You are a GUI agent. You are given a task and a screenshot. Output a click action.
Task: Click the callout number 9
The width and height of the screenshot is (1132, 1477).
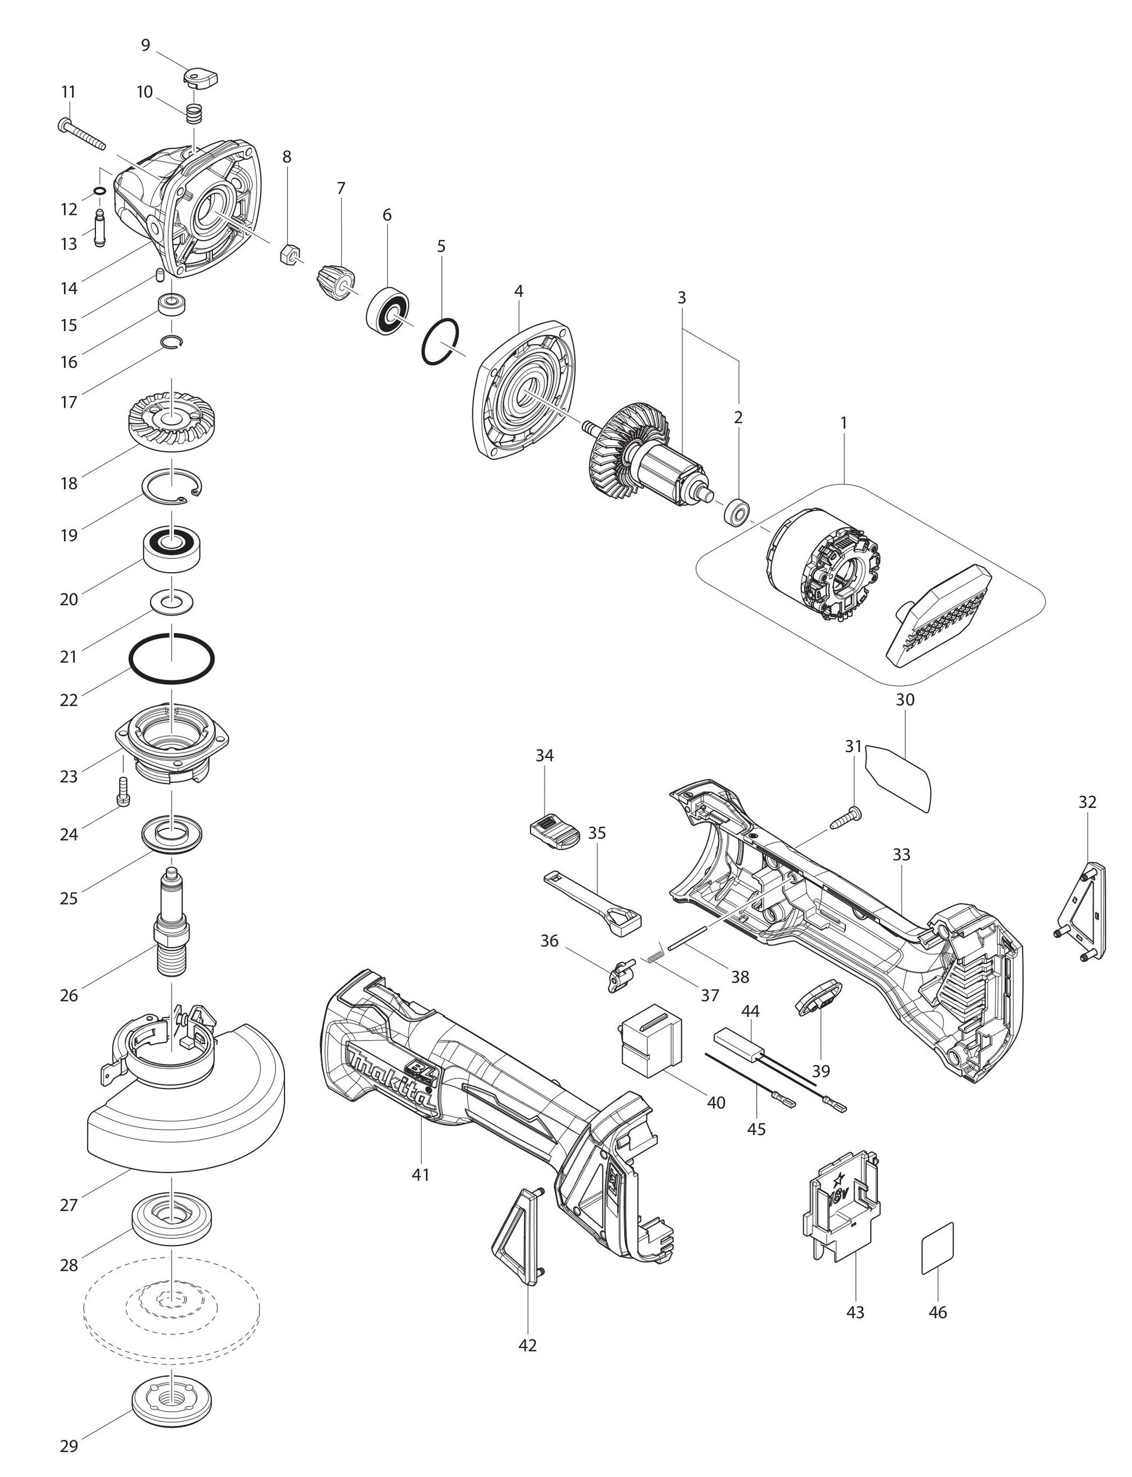pos(145,45)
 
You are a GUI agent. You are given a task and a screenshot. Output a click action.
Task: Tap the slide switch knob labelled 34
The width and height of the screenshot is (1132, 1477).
pos(555,826)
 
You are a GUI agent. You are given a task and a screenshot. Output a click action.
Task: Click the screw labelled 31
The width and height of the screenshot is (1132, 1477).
pos(843,817)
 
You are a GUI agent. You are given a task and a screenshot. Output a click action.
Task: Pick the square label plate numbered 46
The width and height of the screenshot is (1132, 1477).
pos(937,1247)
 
